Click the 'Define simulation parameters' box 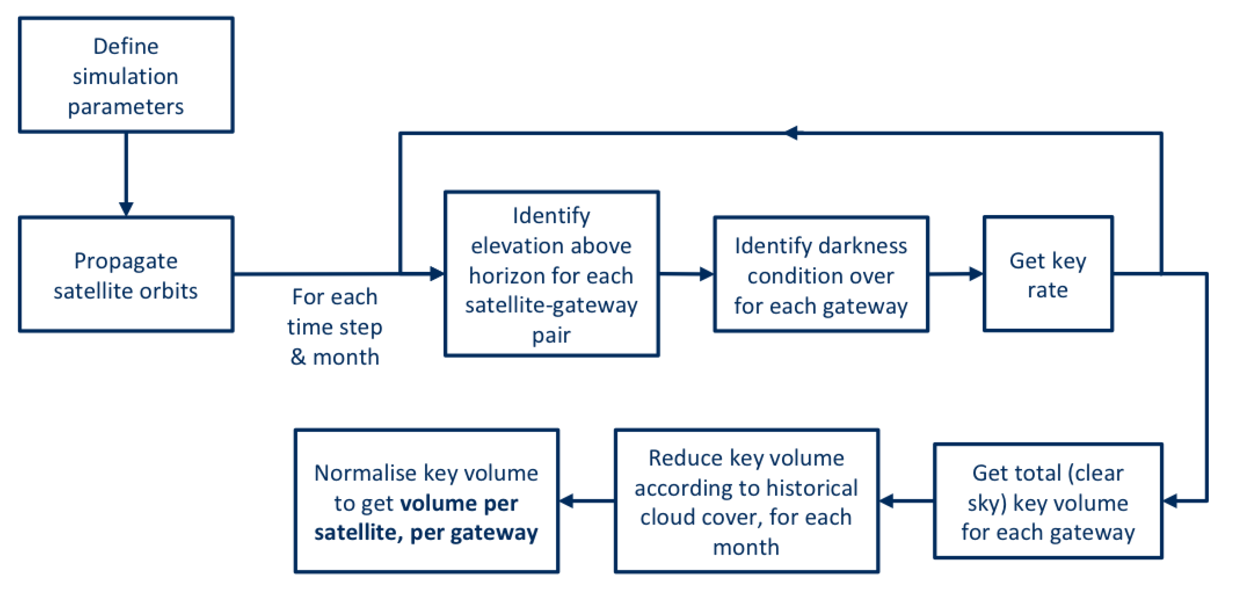[126, 75]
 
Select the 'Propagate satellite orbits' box [126, 274]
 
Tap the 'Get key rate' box [1048, 274]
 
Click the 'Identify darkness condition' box [821, 274]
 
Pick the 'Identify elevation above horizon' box [551, 274]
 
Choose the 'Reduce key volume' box [746, 501]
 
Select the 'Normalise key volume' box [426, 501]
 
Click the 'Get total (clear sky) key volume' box [1048, 501]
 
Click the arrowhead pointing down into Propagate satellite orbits [126, 209]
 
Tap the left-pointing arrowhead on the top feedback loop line [791, 133]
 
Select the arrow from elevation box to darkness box [687, 274]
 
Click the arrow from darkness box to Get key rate [956, 274]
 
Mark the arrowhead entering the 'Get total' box [1170, 501]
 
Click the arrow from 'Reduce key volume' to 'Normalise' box [586, 501]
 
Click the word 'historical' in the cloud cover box [812, 488]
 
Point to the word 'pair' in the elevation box [551, 335]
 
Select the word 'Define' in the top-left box [126, 47]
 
